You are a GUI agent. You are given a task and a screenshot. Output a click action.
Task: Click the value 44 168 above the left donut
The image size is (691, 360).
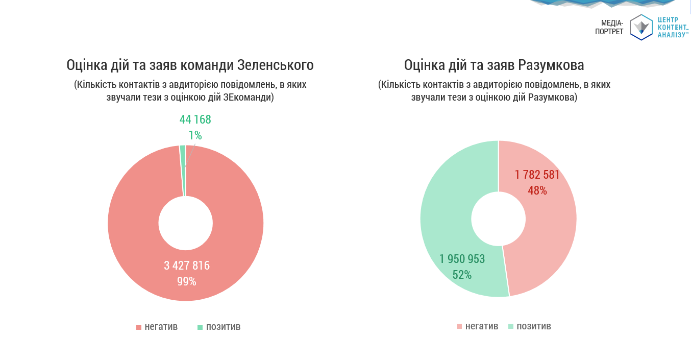click(195, 120)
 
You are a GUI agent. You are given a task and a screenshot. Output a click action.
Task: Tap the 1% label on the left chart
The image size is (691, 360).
click(195, 135)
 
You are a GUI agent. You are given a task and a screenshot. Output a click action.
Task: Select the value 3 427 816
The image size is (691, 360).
click(187, 266)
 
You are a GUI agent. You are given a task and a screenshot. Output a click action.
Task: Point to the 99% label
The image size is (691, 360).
click(187, 281)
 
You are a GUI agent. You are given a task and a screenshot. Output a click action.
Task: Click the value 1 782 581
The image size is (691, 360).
click(537, 175)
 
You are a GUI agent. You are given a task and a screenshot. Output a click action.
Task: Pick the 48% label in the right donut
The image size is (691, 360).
click(537, 190)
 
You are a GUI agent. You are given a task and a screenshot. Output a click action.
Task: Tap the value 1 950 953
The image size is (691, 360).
click(462, 259)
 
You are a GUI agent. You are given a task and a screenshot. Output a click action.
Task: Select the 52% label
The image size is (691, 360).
click(462, 275)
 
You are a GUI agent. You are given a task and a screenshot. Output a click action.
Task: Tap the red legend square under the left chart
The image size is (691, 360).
click(138, 327)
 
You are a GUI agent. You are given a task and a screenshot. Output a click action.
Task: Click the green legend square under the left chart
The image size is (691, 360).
click(200, 327)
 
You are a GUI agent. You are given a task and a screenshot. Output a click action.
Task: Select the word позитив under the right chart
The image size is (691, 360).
click(534, 326)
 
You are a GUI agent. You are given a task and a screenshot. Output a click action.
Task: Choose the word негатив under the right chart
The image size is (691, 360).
click(482, 326)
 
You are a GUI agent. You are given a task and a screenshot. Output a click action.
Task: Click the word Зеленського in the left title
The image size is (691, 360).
click(276, 65)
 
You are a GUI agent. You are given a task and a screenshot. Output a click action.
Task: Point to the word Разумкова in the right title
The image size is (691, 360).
click(551, 65)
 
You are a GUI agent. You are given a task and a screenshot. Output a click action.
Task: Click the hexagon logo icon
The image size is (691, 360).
click(641, 28)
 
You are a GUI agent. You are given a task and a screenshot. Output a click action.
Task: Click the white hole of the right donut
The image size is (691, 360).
click(499, 219)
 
